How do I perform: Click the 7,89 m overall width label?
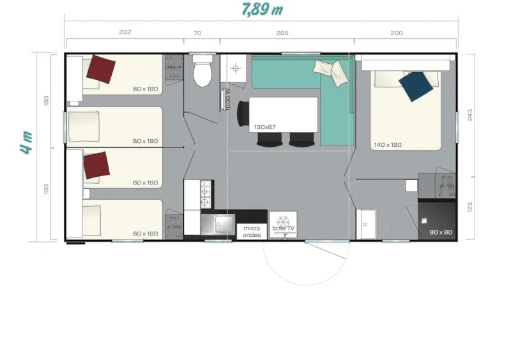262,10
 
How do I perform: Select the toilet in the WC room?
202,71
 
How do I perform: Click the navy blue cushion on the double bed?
416,85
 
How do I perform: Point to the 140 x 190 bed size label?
388,145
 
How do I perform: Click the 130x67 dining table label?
264,127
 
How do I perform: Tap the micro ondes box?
252,230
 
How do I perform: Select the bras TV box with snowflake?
283,225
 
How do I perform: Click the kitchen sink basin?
224,225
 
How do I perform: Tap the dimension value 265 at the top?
282,33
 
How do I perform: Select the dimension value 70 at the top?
197,33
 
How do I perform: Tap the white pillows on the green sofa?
331,70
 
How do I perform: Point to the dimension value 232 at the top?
125,33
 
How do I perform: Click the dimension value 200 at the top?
397,33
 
